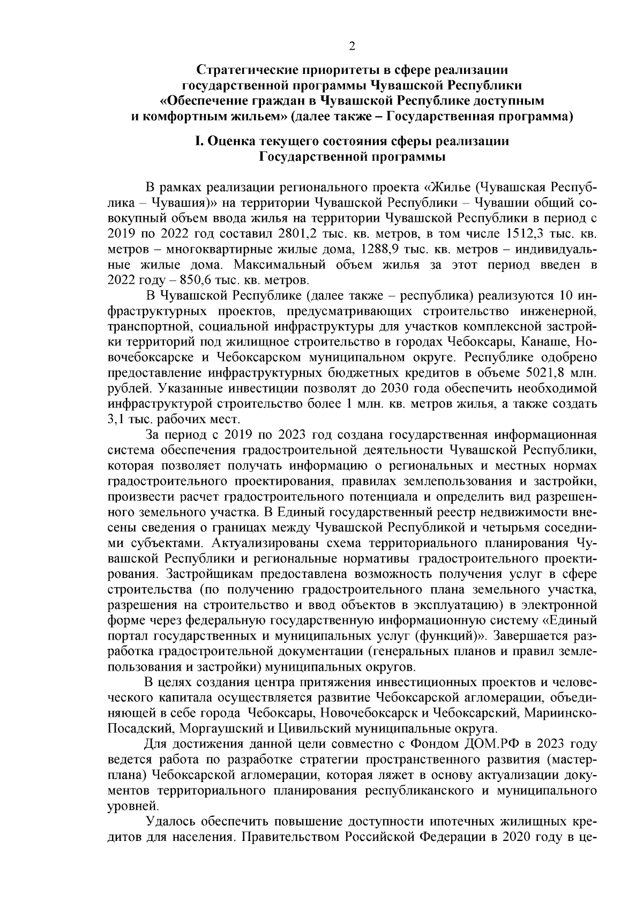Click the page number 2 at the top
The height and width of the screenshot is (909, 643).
[352, 47]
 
